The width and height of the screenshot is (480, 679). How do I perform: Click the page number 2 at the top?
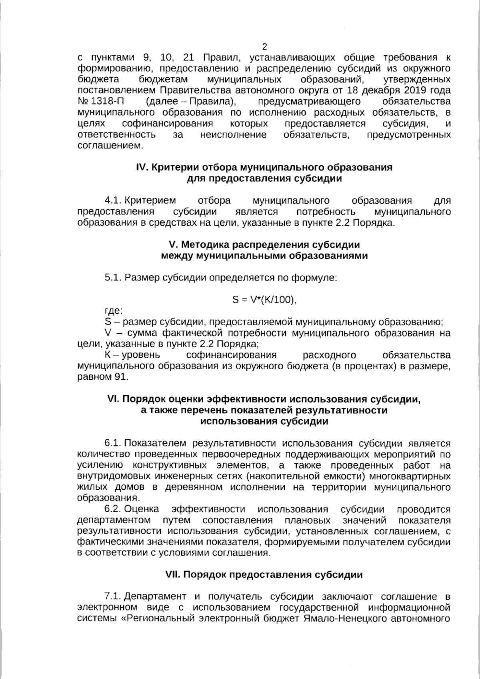pos(264,46)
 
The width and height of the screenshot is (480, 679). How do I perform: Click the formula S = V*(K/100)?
pos(264,300)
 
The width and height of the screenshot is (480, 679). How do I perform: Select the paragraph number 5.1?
pos(113,278)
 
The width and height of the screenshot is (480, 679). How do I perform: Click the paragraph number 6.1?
pos(113,443)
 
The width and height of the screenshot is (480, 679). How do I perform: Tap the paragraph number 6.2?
pos(113,509)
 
